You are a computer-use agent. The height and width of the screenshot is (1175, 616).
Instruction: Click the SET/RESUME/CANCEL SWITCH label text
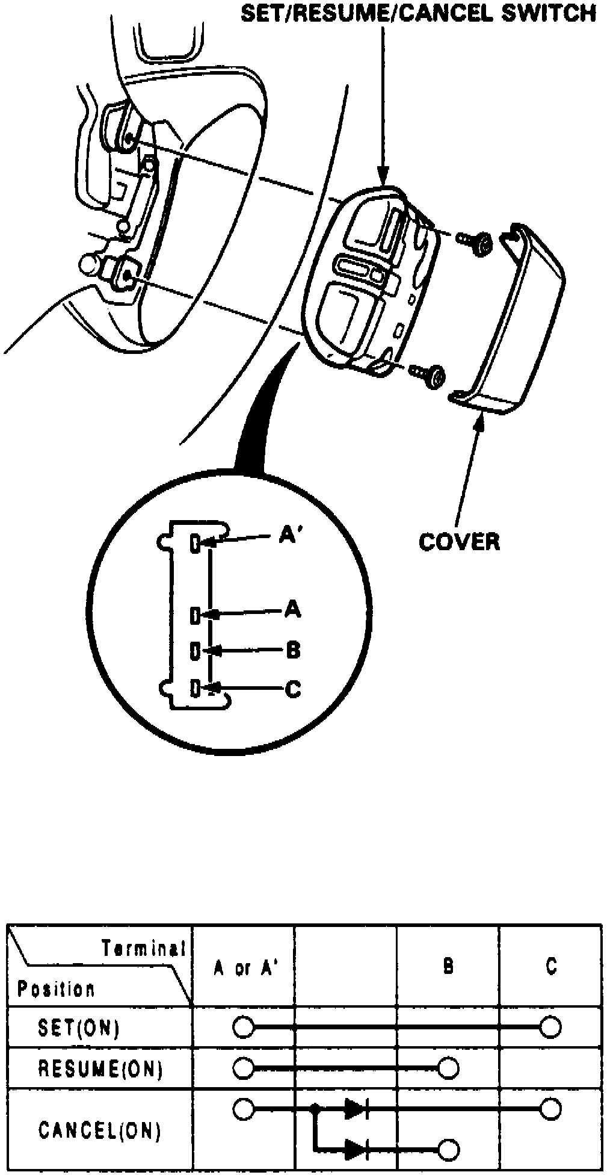coord(419,13)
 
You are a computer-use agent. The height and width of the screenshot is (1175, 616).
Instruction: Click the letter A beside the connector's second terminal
coord(292,609)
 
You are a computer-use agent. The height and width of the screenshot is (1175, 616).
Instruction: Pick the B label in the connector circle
coord(293,650)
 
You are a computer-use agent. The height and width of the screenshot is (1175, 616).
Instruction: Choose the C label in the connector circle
coord(293,689)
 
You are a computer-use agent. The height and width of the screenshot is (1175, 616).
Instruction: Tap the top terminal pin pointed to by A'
coord(195,544)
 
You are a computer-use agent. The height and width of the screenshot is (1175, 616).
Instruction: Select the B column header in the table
coord(448,967)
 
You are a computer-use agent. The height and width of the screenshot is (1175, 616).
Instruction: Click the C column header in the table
coord(550,967)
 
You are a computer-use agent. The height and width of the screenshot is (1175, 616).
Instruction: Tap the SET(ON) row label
coord(78,1028)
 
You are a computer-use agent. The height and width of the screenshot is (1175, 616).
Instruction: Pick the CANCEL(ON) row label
coord(100,1131)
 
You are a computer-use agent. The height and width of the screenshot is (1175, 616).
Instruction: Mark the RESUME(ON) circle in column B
coord(448,1068)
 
